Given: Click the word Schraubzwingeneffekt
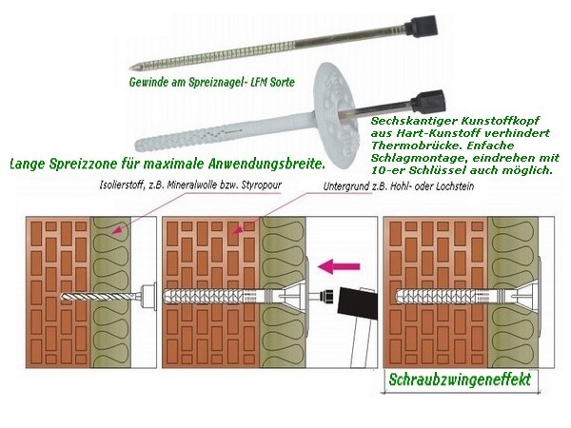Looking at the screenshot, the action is [460, 379].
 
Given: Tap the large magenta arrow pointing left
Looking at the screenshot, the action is [339, 266].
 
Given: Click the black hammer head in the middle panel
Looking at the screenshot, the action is [357, 302].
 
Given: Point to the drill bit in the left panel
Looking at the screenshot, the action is [96, 296].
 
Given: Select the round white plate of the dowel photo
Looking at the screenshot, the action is [336, 114].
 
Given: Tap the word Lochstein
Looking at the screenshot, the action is [455, 186].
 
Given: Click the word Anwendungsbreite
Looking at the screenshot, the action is [266, 164].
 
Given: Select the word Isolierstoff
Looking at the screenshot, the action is [122, 185].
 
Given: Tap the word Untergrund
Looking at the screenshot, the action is [343, 186].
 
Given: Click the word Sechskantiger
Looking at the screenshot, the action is [413, 121].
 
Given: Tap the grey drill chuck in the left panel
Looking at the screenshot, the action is [148, 297].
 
